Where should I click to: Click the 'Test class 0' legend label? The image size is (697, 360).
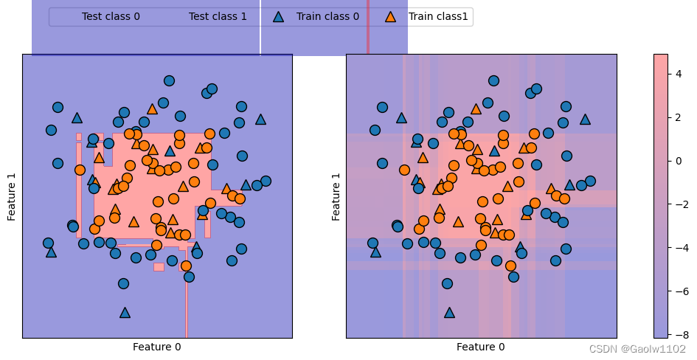[111, 16]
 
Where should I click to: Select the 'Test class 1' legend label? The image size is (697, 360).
[218, 16]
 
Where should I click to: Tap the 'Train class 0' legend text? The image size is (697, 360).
[327, 16]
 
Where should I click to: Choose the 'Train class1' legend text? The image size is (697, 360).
[438, 16]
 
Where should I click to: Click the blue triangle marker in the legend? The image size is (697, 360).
[278, 16]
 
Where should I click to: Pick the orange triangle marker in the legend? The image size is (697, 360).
[390, 16]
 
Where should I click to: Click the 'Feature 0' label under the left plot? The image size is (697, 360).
[157, 347]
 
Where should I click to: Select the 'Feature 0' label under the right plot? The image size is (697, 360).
[481, 347]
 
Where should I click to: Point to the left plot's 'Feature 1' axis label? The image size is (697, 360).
[12, 196]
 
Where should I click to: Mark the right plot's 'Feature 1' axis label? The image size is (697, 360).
[336, 196]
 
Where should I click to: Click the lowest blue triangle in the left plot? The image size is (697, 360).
[125, 313]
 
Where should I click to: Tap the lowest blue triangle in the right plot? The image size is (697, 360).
[449, 313]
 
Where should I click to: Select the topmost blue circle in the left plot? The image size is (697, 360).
[169, 81]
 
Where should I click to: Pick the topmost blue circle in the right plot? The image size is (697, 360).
[493, 81]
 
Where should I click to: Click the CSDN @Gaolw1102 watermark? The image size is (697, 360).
[637, 349]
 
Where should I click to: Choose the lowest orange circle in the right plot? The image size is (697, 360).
[510, 266]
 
